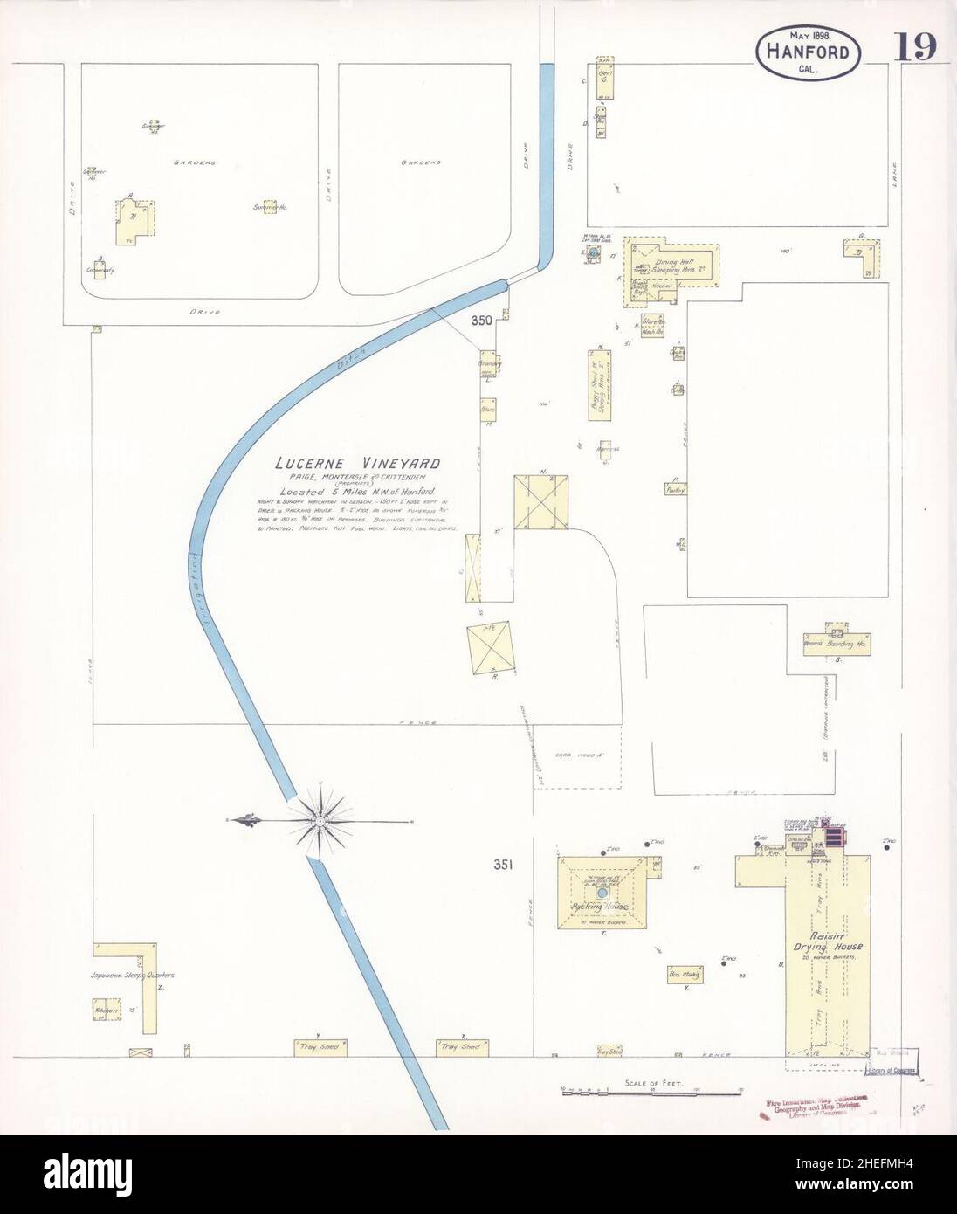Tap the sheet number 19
point(915,49)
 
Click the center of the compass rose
point(321,820)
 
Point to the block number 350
point(482,321)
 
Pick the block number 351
point(501,866)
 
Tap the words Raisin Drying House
point(827,940)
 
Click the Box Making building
point(686,974)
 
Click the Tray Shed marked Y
point(321,1045)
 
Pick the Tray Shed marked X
point(462,1045)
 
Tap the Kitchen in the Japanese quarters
point(107,1010)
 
